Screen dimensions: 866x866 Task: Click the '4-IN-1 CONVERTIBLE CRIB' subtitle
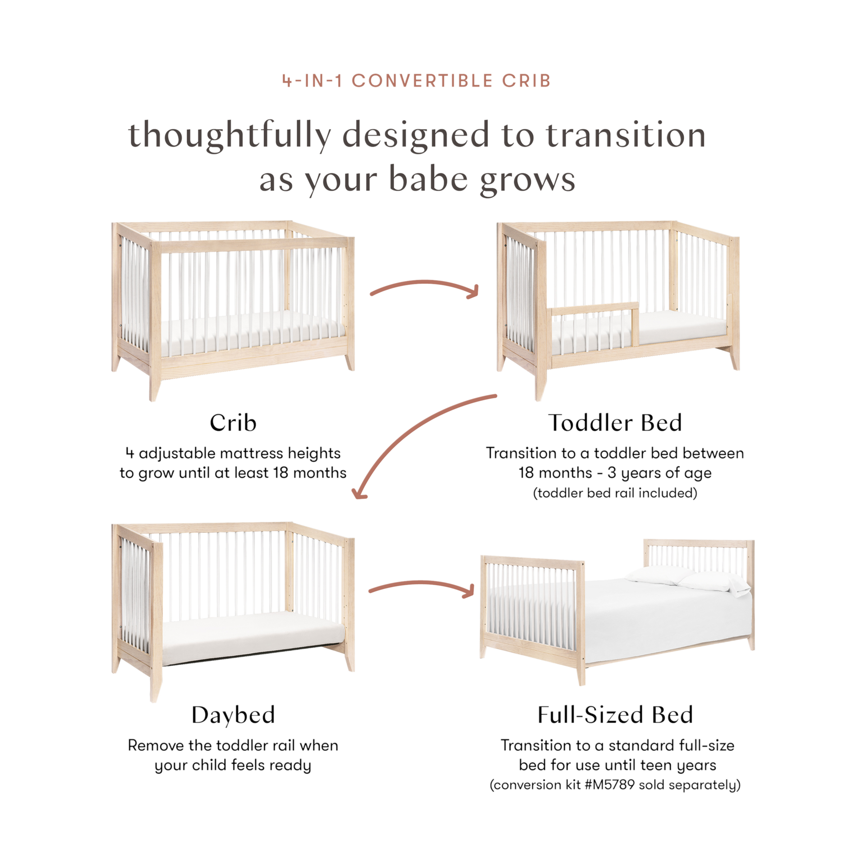coord(416,81)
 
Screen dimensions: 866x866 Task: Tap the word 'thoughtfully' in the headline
coord(230,135)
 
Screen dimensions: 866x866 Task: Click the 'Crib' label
coord(233,423)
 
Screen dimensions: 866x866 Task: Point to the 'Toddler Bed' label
coord(615,423)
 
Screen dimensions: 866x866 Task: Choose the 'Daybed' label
coord(233,715)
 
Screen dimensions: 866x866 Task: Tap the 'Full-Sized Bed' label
coord(615,715)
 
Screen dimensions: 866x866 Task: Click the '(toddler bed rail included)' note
coord(615,493)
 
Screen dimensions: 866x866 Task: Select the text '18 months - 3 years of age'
coord(615,473)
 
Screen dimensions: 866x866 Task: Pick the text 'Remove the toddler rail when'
coord(233,746)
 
